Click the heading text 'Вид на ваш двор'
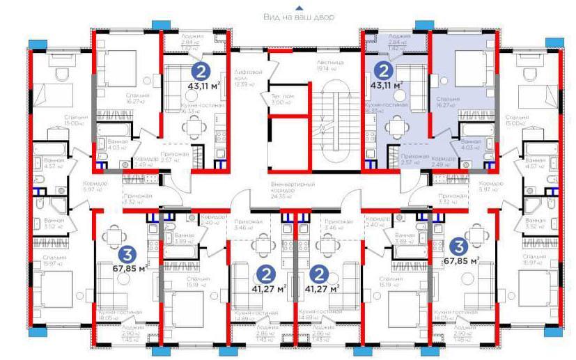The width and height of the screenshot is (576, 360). (299, 17)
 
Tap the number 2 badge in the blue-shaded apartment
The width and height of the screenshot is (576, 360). (382, 70)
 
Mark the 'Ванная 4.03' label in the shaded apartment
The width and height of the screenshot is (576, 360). (470, 143)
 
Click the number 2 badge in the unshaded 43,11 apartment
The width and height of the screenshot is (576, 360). (201, 70)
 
